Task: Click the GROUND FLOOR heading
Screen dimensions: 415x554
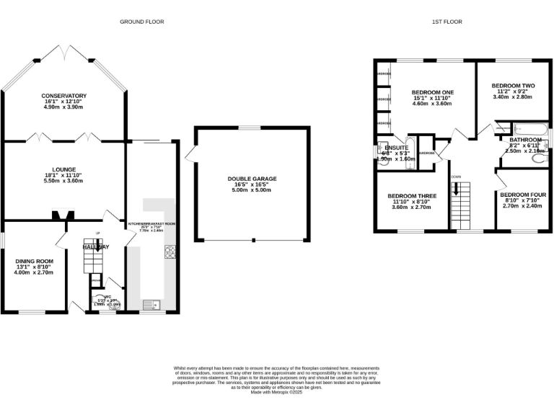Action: pos(142,22)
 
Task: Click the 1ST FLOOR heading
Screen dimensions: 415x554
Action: pos(447,22)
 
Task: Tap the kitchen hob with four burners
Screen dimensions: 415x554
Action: pos(170,252)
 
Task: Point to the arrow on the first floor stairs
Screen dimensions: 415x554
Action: pos(456,190)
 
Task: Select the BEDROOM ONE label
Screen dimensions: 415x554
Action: pos(432,93)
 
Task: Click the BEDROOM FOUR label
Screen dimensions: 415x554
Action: pos(523,195)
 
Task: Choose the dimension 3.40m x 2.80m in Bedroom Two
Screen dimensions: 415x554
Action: pos(511,97)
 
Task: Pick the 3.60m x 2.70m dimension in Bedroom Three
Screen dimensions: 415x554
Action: pos(411,207)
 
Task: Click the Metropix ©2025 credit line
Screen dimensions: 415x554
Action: pos(277,392)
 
